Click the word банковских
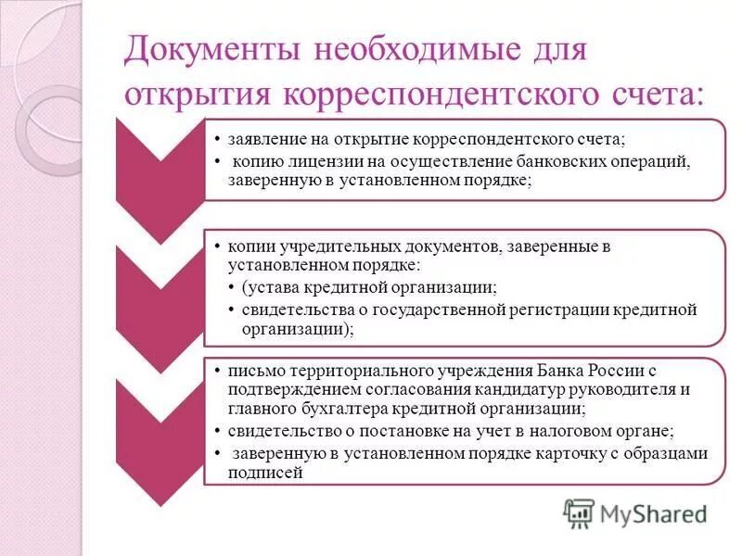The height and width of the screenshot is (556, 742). point(520,161)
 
